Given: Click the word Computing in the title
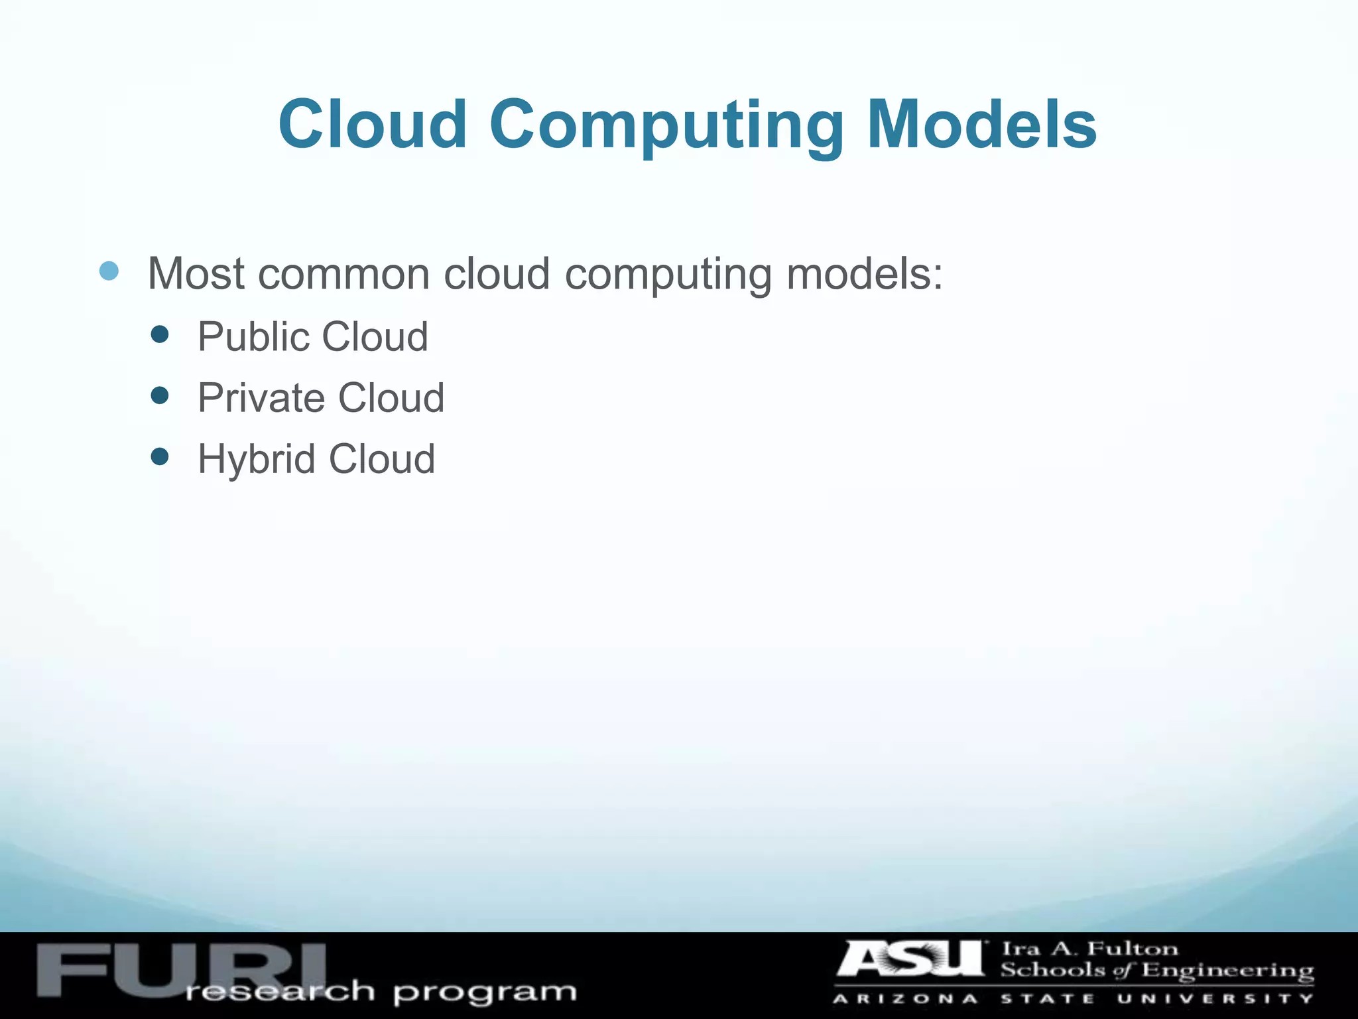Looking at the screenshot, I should pos(666,126).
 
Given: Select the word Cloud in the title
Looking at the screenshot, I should pos(373,125).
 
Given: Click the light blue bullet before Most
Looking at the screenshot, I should pos(109,271).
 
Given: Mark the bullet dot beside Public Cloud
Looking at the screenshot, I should pos(160,334).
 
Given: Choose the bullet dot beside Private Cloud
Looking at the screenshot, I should pos(160,396).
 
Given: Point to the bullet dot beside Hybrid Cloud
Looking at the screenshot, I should pos(160,456).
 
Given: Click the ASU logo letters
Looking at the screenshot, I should pos(912,959).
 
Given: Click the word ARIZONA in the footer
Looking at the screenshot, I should pos(906,999).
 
